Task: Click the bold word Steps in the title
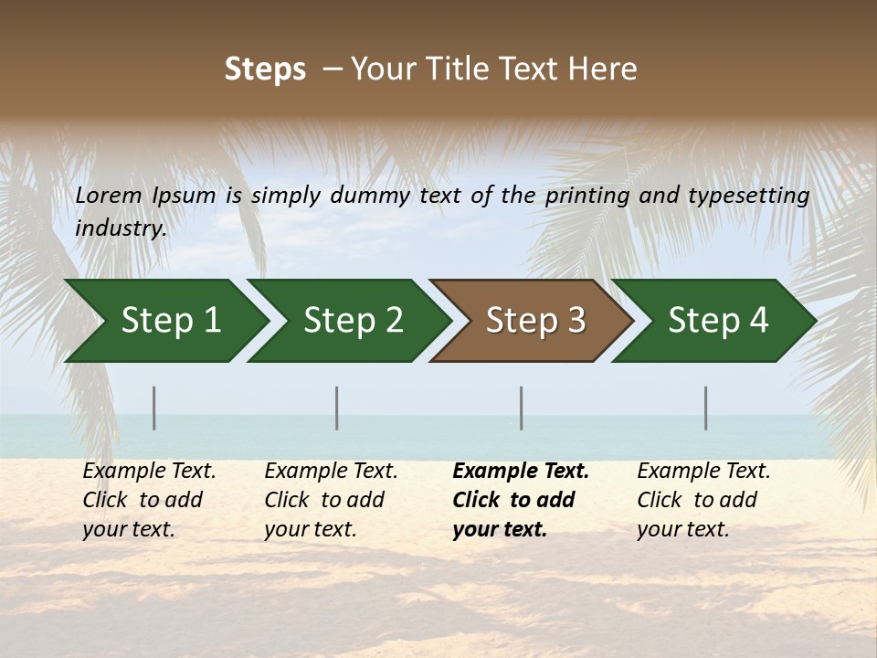click(x=265, y=69)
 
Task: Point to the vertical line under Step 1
click(x=154, y=408)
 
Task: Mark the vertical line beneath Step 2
click(x=337, y=408)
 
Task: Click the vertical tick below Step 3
click(x=522, y=408)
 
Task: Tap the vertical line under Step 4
click(x=706, y=408)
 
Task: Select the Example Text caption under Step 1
click(x=149, y=500)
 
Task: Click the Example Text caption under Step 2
click(x=331, y=500)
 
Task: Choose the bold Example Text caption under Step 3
click(x=520, y=500)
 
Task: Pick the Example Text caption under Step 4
click(x=703, y=500)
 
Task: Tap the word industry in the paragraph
click(x=120, y=228)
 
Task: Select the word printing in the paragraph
click(x=582, y=196)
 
